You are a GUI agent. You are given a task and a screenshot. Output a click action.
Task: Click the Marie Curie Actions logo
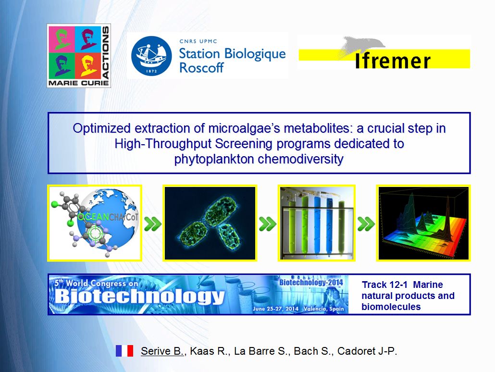79,56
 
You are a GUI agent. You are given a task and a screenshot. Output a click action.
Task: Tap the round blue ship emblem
151,56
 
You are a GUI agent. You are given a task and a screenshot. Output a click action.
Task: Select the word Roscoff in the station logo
201,68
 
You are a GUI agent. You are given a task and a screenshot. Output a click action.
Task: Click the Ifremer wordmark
393,61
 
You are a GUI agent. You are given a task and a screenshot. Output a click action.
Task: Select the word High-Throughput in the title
163,144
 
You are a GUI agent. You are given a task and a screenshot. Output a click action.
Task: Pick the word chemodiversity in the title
300,159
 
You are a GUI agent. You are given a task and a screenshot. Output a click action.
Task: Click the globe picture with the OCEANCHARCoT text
94,223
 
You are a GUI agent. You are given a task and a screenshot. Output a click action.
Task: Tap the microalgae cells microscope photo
210,223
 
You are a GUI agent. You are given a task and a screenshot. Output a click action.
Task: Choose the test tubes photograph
317,223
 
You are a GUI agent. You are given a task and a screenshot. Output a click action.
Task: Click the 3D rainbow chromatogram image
423,223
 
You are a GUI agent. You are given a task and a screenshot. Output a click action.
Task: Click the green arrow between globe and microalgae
152,224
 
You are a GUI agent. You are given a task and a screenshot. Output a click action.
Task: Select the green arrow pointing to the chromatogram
366,224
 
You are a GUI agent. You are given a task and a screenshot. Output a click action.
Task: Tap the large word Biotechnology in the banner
139,297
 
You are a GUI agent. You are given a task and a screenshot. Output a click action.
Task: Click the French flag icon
124,351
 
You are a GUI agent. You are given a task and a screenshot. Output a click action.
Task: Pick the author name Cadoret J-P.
367,351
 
